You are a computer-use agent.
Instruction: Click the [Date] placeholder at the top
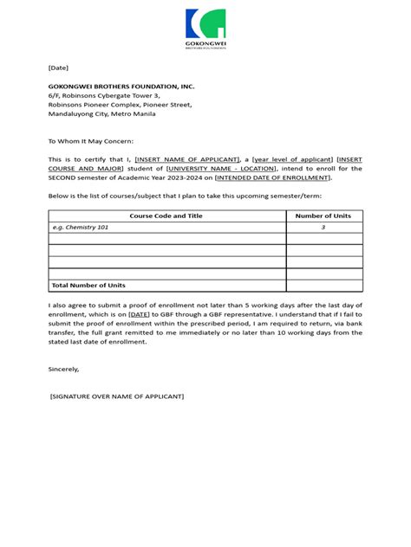tap(58, 68)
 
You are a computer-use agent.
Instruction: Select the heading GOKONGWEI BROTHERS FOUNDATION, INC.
tap(121, 87)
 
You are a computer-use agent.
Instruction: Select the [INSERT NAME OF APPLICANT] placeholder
tap(186, 159)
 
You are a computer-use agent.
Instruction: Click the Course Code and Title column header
tap(166, 216)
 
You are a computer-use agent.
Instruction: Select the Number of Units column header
tap(323, 216)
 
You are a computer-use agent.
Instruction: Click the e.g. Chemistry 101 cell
tap(81, 228)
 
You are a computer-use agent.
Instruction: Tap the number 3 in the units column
tap(323, 228)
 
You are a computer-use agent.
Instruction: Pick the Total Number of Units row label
tap(88, 286)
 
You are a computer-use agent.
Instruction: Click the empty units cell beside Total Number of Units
tap(323, 286)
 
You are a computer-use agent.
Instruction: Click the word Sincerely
tap(63, 369)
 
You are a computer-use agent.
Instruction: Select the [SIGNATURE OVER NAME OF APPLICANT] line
tap(117, 396)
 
